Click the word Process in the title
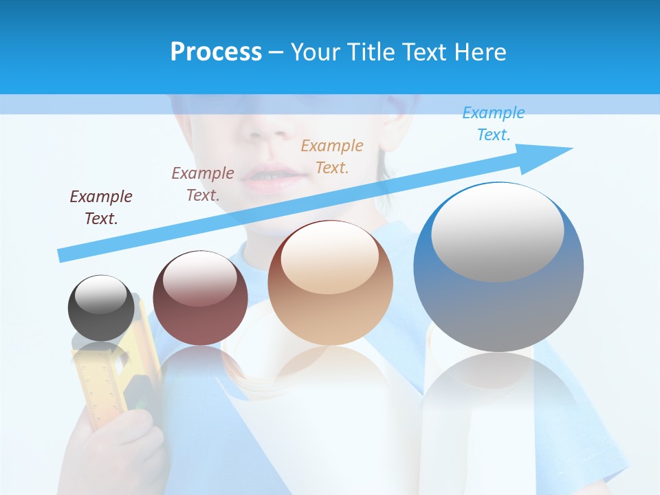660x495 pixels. pos(216,52)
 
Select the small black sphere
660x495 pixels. pos(101,308)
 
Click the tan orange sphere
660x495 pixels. pos(330,283)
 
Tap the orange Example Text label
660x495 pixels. pos(332,156)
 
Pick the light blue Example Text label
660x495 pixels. pos(493,124)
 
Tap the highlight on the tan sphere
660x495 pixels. pos(329,258)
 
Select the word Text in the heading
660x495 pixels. pos(424,52)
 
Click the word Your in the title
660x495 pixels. pos(316,52)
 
